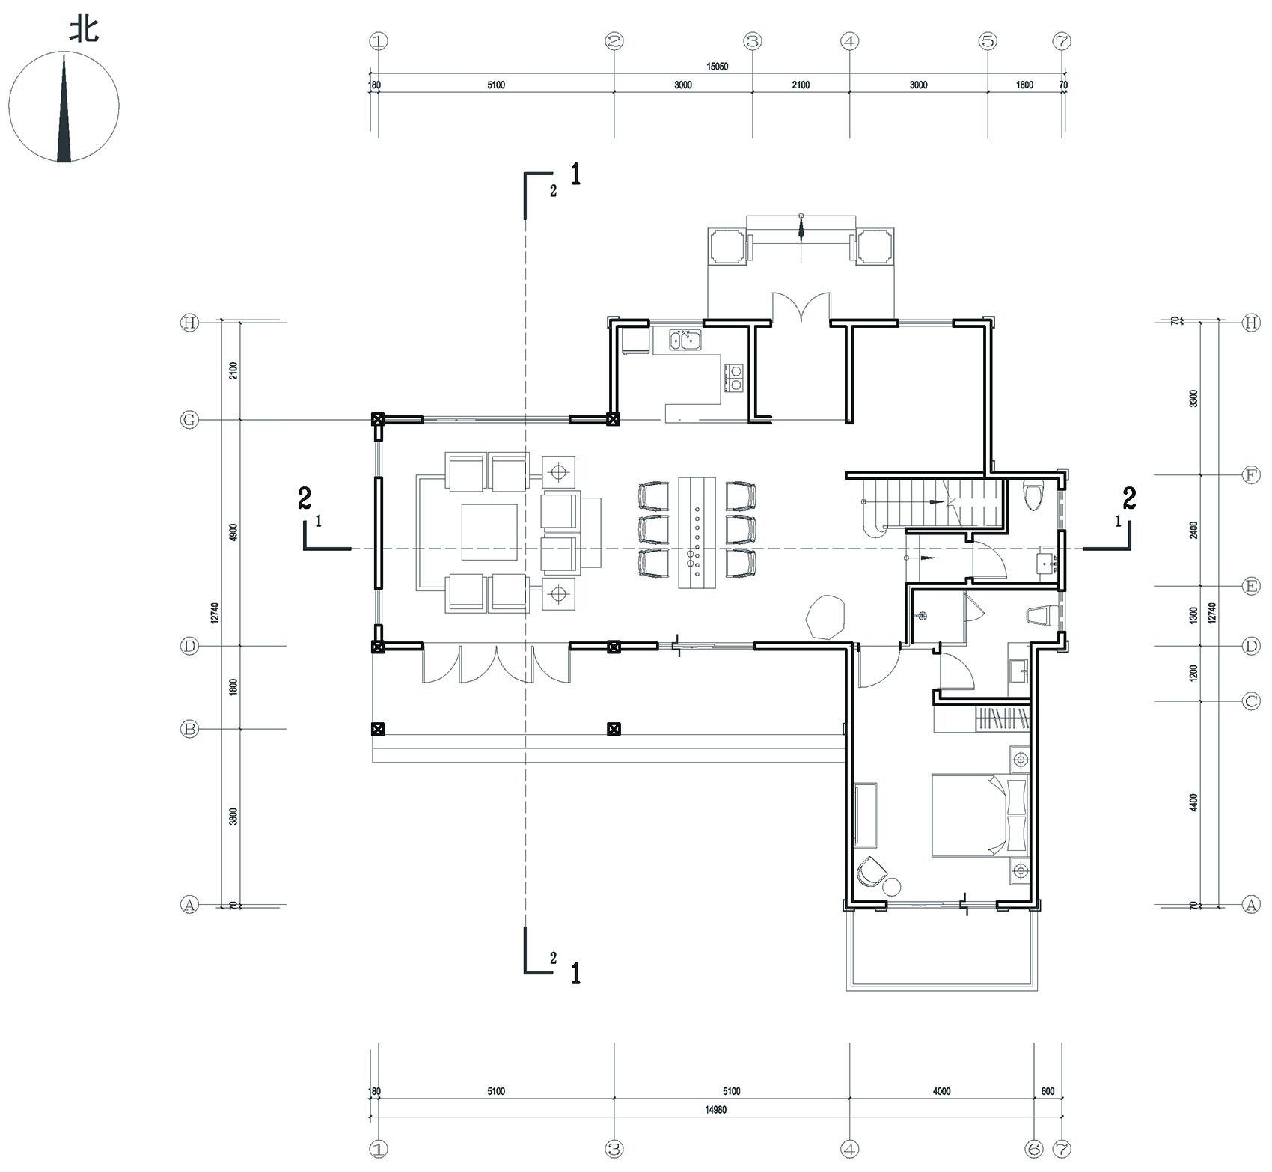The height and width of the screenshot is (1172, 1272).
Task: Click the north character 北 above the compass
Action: pyautogui.click(x=84, y=30)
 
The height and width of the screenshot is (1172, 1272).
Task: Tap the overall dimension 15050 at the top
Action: pyautogui.click(x=717, y=66)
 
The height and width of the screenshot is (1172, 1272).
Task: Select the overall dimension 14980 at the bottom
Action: pyautogui.click(x=715, y=1110)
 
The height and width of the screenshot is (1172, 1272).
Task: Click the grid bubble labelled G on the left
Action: pyautogui.click(x=189, y=421)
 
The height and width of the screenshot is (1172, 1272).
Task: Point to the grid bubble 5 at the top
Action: pyautogui.click(x=988, y=42)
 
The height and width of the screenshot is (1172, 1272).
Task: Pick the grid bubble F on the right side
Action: pyautogui.click(x=1250, y=475)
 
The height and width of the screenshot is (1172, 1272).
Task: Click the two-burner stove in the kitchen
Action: pyautogui.click(x=734, y=377)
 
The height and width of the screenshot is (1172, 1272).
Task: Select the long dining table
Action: pyautogui.click(x=697, y=532)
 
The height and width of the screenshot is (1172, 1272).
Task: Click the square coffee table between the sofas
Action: pyautogui.click(x=490, y=532)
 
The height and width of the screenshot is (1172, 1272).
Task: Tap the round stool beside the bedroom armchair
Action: pyautogui.click(x=891, y=888)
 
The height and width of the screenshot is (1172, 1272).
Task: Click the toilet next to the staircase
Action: pyautogui.click(x=1033, y=497)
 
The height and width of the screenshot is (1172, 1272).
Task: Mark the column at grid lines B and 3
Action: pyautogui.click(x=614, y=728)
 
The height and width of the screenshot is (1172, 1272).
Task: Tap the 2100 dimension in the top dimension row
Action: pyautogui.click(x=800, y=85)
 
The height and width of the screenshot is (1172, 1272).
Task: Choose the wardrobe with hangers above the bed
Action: pyautogui.click(x=1002, y=719)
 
